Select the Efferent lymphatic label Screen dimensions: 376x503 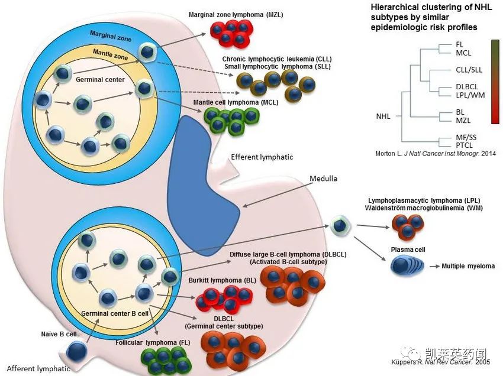coord(262,157)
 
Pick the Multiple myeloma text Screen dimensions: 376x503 coord(467,266)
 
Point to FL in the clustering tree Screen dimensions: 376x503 coord(460,44)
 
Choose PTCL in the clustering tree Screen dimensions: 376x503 coord(465,145)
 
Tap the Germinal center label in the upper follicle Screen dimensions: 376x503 coord(100,79)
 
